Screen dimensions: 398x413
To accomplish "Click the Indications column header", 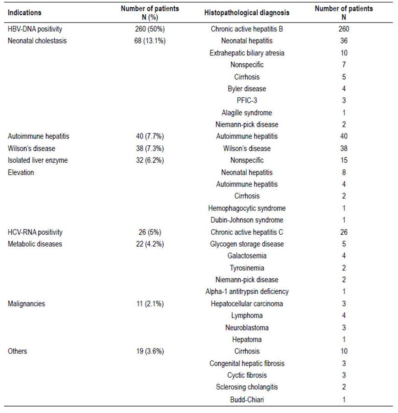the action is (24, 13).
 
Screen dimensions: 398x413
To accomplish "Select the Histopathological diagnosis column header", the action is (247, 13).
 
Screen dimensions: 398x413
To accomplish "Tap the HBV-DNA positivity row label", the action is (35, 29).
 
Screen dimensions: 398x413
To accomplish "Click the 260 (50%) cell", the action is (150, 29).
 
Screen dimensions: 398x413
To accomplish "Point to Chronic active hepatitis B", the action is (247, 29).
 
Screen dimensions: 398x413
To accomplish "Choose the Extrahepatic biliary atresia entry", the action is (247, 53).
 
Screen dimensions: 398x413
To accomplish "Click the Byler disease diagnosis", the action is (247, 89).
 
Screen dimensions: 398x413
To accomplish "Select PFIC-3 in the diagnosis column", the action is (247, 101).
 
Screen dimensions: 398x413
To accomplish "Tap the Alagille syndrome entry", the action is (247, 113).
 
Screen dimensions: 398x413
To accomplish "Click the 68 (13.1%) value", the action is (150, 41).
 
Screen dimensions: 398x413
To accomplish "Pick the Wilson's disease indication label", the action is (31, 149).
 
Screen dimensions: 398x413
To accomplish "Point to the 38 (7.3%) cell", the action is (150, 149).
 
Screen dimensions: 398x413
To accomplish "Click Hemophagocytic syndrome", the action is (247, 209).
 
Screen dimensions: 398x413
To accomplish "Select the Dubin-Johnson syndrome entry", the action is (247, 220).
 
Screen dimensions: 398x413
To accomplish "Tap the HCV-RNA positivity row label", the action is (35, 232).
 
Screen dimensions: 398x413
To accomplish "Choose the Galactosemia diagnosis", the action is (247, 256).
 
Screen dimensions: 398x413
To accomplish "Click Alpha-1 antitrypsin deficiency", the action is (247, 292).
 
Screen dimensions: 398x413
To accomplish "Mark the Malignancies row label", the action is (26, 304).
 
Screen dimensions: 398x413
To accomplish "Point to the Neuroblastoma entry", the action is (247, 328).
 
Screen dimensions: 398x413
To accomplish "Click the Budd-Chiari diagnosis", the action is (247, 400).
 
